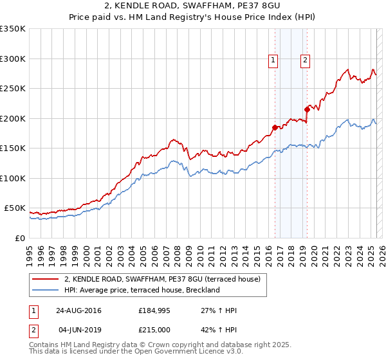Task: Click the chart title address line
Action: click(x=192, y=6)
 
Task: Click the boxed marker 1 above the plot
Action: click(x=273, y=61)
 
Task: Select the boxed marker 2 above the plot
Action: click(x=305, y=61)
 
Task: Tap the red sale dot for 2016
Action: click(x=275, y=127)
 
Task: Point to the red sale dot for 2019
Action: click(x=307, y=109)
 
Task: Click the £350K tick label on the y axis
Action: click(x=13, y=29)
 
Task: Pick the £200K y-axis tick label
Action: click(x=13, y=118)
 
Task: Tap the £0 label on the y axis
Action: click(x=20, y=238)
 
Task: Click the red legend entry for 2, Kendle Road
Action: click(x=162, y=280)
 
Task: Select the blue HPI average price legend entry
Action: click(x=142, y=291)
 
